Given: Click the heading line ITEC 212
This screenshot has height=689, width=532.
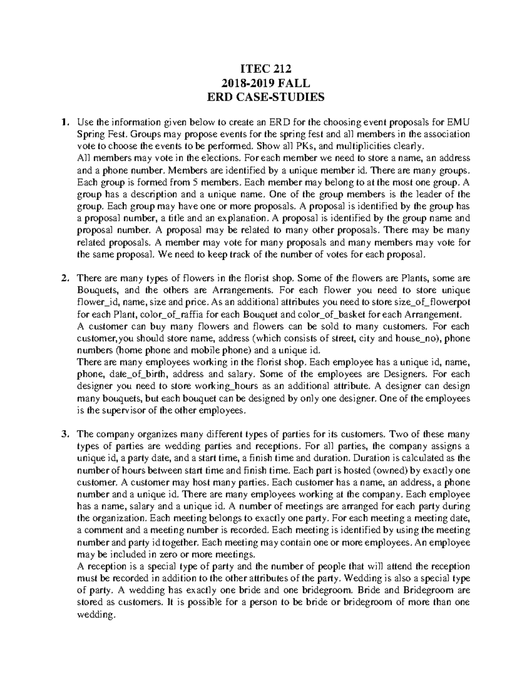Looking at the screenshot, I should click(266, 69).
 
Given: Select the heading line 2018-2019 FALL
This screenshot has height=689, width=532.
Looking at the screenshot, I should click(266, 83).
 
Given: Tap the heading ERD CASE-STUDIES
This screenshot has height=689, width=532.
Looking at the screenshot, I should click(266, 97).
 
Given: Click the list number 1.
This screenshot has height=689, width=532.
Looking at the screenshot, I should click(65, 122).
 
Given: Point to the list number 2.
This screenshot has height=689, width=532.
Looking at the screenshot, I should click(65, 279).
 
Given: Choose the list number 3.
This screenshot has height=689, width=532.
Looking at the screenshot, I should click(65, 434).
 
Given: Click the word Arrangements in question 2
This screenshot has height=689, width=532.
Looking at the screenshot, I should click(240, 291).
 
